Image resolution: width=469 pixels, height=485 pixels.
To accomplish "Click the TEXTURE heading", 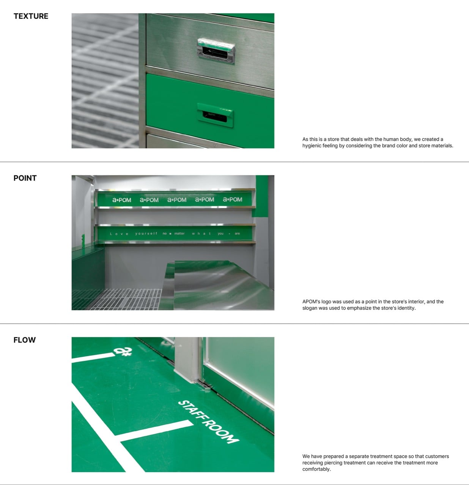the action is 31,16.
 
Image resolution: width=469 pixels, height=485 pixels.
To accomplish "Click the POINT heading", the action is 25,178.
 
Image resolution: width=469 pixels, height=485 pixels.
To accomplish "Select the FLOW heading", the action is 24,340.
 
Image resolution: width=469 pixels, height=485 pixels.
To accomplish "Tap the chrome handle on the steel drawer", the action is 216,51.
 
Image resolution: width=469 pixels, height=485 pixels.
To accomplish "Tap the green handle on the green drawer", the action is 215,115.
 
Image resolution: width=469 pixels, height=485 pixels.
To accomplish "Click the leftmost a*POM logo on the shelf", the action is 121,200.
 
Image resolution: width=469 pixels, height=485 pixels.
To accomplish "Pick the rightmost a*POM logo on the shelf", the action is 232,199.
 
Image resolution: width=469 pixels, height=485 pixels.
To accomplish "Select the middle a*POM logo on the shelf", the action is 177,200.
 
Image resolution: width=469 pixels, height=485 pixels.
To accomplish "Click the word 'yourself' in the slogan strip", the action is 146,233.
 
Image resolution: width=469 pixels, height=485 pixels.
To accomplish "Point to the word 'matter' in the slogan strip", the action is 179,233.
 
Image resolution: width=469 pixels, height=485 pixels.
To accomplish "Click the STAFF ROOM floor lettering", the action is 208,422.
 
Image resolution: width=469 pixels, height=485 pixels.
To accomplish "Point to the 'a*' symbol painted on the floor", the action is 123,351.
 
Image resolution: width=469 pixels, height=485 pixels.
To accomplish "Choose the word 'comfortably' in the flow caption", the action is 316,469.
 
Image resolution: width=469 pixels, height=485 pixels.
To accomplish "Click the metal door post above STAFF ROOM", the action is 187,359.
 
